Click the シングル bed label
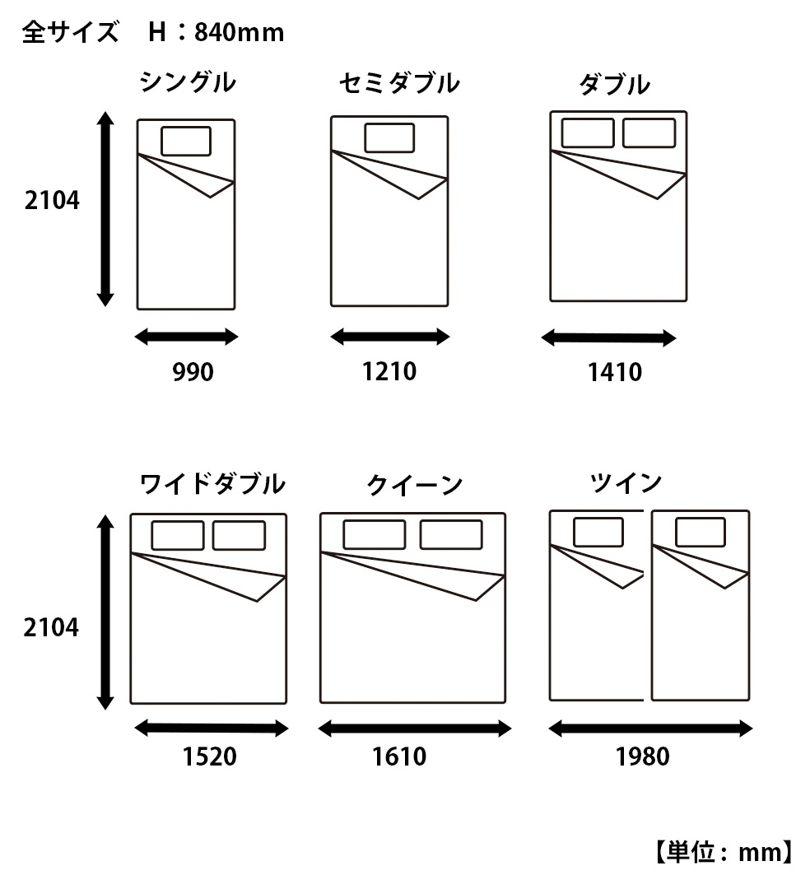tap(188, 83)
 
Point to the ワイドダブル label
tap(212, 484)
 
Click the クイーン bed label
tap(415, 486)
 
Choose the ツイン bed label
tap(626, 483)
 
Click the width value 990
tap(193, 373)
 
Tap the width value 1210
tap(389, 372)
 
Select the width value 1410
tap(615, 374)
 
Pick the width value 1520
tap(209, 756)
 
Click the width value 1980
tap(642, 756)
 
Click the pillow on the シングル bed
tap(185, 141)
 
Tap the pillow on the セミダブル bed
tap(389, 138)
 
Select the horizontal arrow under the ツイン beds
tap(650, 728)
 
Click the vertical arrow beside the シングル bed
tap(105, 209)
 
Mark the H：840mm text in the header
tap(216, 32)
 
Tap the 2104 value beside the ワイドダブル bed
tap(52, 628)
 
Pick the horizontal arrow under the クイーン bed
tap(415, 728)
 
